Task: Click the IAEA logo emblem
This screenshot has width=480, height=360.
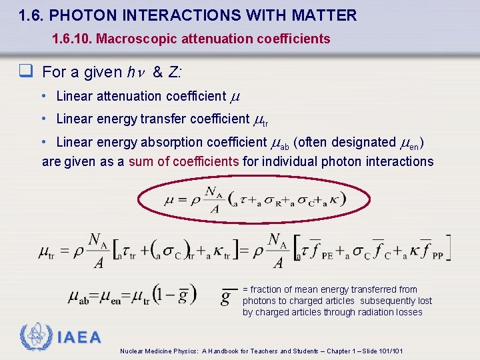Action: (x=35, y=337)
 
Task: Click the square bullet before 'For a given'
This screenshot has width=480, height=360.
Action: (x=30, y=71)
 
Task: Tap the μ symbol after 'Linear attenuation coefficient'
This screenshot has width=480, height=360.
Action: (x=234, y=97)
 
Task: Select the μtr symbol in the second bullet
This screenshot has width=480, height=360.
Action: (x=261, y=120)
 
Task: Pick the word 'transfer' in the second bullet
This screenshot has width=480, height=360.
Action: (x=163, y=119)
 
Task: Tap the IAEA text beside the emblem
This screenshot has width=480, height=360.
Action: (x=79, y=337)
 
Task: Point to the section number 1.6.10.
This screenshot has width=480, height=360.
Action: (x=72, y=39)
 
